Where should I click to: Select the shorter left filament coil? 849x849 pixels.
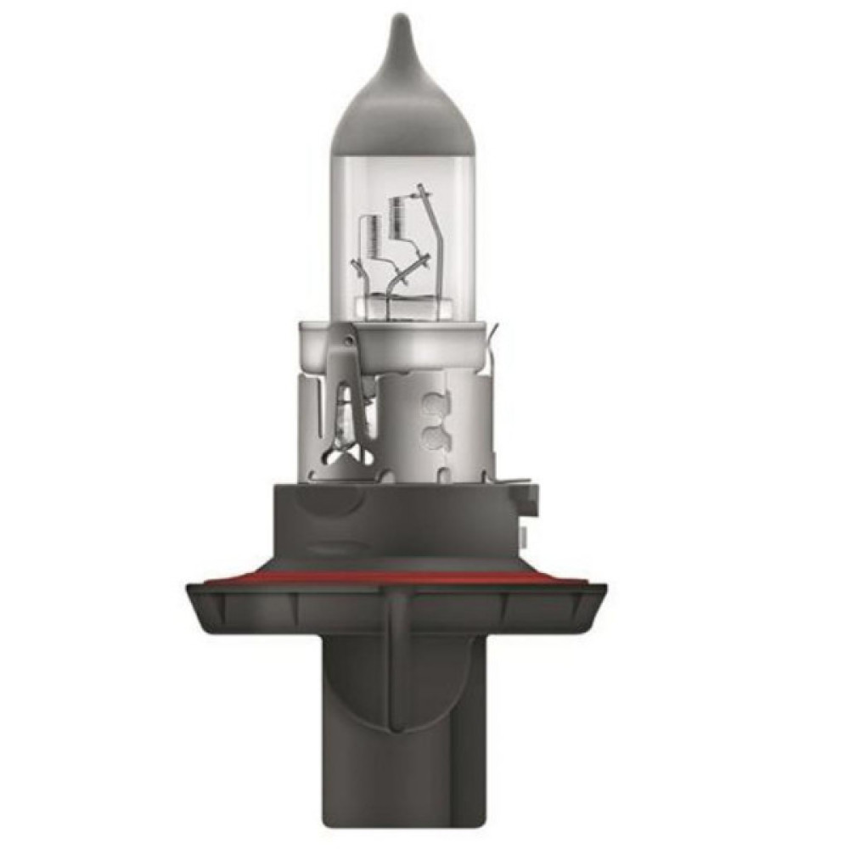pyautogui.click(x=370, y=235)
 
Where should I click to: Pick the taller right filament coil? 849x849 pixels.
pyautogui.click(x=396, y=216)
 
